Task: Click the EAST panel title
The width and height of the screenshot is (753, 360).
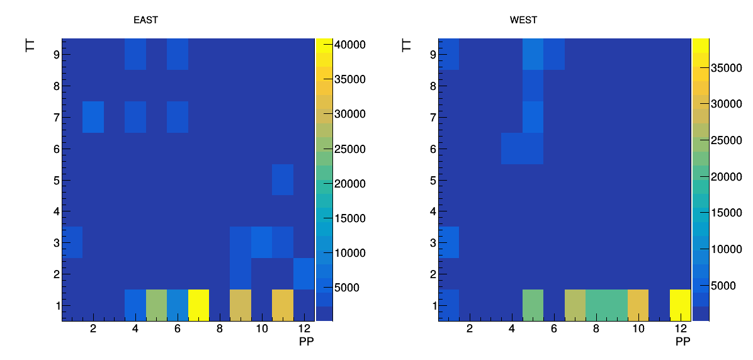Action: [145, 20]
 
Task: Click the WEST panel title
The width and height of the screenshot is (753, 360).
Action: [523, 20]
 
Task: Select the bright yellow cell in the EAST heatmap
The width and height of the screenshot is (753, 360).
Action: [198, 305]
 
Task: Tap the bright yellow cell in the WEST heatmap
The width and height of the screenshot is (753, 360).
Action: [680, 305]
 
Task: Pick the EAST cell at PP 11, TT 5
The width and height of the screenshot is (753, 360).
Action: [282, 179]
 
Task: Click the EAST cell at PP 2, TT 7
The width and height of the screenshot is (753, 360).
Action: [93, 116]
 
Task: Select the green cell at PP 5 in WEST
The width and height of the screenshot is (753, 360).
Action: [533, 305]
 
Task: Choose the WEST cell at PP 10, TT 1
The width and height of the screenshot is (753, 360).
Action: [638, 305]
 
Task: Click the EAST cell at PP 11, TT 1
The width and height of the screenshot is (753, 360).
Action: [282, 305]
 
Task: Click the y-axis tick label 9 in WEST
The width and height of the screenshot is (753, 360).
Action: [433, 54]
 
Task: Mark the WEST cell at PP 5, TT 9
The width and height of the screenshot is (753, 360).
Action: [533, 54]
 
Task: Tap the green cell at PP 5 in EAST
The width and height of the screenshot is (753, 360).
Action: [157, 305]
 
